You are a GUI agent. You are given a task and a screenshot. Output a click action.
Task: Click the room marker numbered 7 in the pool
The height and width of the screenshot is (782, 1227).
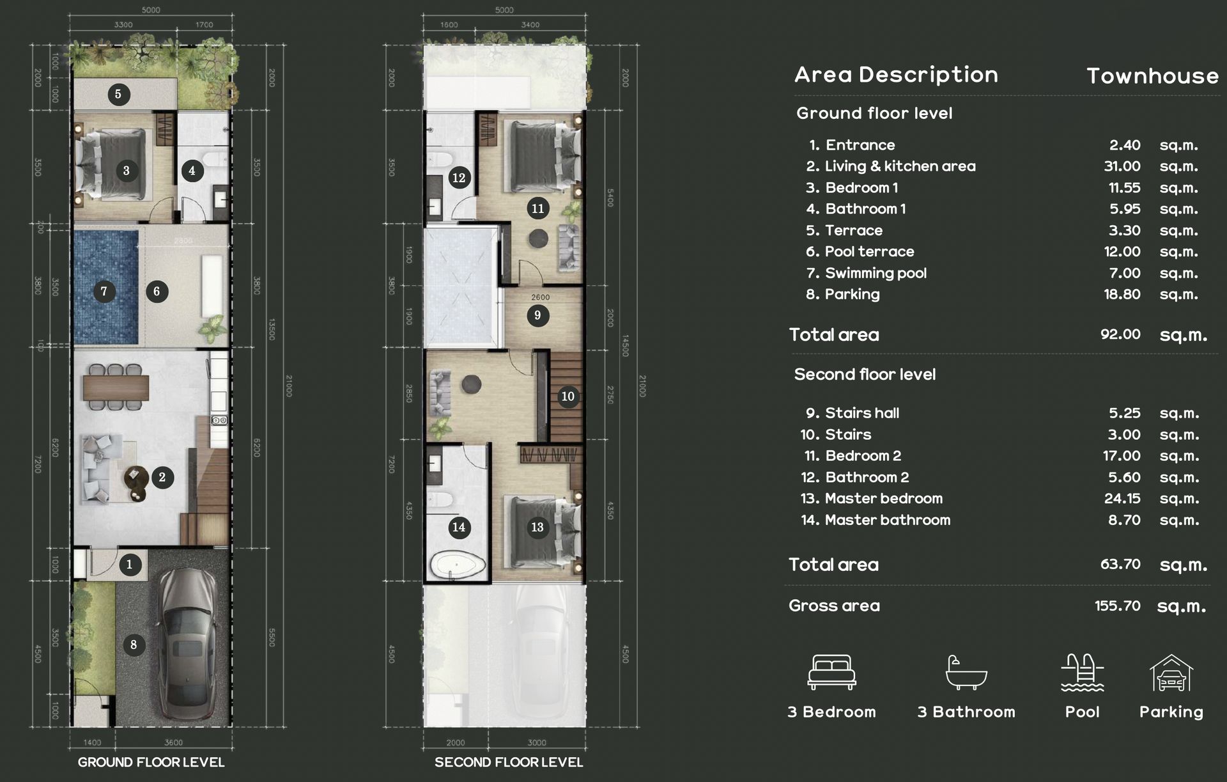click(104, 292)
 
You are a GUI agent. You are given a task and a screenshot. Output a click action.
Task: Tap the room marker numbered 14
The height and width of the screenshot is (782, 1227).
click(458, 527)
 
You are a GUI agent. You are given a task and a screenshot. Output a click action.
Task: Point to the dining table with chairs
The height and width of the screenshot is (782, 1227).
click(116, 387)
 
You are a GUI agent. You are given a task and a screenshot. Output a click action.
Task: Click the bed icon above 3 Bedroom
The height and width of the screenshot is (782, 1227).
click(831, 672)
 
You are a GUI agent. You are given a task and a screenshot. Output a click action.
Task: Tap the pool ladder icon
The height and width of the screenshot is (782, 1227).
click(1082, 673)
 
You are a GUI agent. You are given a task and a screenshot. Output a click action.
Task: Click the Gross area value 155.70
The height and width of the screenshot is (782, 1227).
click(1117, 606)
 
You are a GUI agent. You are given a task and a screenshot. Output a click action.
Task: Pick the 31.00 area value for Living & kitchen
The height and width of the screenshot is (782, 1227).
click(1122, 166)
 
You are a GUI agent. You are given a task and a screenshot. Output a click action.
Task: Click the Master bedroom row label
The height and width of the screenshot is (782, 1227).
click(883, 499)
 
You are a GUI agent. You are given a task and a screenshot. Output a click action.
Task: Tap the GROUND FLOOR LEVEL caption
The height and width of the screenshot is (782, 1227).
click(151, 762)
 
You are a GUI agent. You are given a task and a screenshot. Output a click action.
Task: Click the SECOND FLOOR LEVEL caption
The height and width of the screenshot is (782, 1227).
click(509, 762)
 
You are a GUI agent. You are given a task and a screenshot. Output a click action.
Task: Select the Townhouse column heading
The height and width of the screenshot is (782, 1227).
click(1152, 76)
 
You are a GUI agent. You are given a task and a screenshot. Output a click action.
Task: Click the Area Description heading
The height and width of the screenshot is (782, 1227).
click(896, 75)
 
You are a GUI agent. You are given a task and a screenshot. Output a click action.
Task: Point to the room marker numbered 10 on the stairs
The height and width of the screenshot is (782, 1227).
click(567, 396)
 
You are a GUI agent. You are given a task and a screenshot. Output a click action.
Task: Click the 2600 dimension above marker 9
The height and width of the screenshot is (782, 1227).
click(540, 297)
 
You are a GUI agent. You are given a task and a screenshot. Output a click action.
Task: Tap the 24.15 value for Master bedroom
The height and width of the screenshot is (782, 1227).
click(1122, 499)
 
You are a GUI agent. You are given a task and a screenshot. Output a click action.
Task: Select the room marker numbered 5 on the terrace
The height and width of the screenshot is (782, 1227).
click(118, 94)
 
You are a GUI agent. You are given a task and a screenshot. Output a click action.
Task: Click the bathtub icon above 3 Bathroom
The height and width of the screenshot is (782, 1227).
click(966, 673)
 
